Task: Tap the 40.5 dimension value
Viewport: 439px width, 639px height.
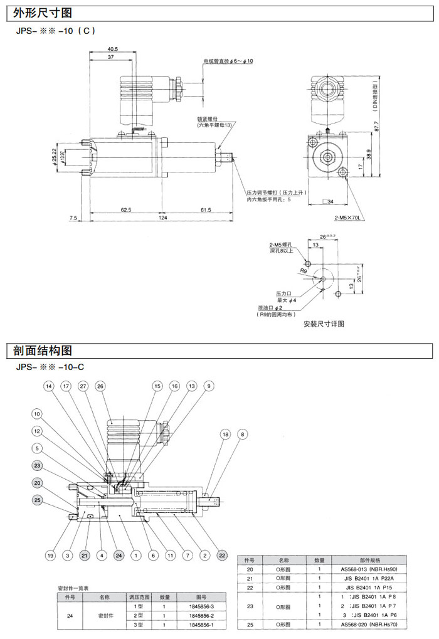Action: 112,49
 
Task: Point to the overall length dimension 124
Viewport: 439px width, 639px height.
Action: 162,218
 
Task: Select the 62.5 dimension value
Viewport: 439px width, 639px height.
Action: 125,209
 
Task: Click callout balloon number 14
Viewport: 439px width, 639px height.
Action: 48,386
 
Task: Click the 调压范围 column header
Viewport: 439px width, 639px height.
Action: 140,597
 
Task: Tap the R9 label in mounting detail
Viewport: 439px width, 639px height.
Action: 303,272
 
